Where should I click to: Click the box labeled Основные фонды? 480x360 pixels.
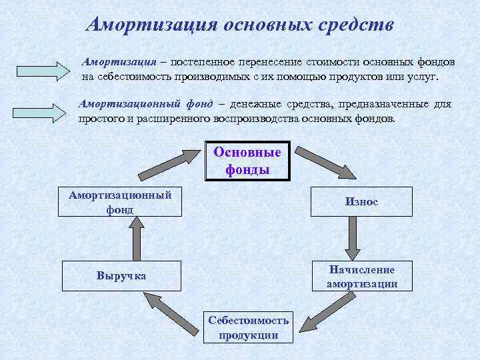coord(247,161)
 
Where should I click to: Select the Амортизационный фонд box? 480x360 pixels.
coord(120,201)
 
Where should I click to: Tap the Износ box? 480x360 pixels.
coord(361,201)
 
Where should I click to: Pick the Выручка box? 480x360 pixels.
coord(121,275)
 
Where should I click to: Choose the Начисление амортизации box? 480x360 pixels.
coord(361,276)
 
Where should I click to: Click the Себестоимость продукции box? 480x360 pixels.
coord(248,327)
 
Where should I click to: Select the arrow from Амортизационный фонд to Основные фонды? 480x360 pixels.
coord(174,164)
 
